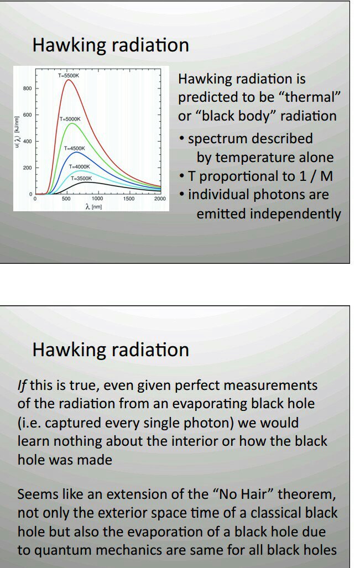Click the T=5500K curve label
69,76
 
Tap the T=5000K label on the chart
70,119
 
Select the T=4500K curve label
75,148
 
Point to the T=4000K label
79,166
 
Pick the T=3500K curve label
81,178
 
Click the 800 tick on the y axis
28,88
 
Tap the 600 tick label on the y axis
28,115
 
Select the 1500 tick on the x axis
128,199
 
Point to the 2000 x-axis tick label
160,199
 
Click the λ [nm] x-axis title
93,207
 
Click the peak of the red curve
69,80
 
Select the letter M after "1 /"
326,176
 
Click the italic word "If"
22,385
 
